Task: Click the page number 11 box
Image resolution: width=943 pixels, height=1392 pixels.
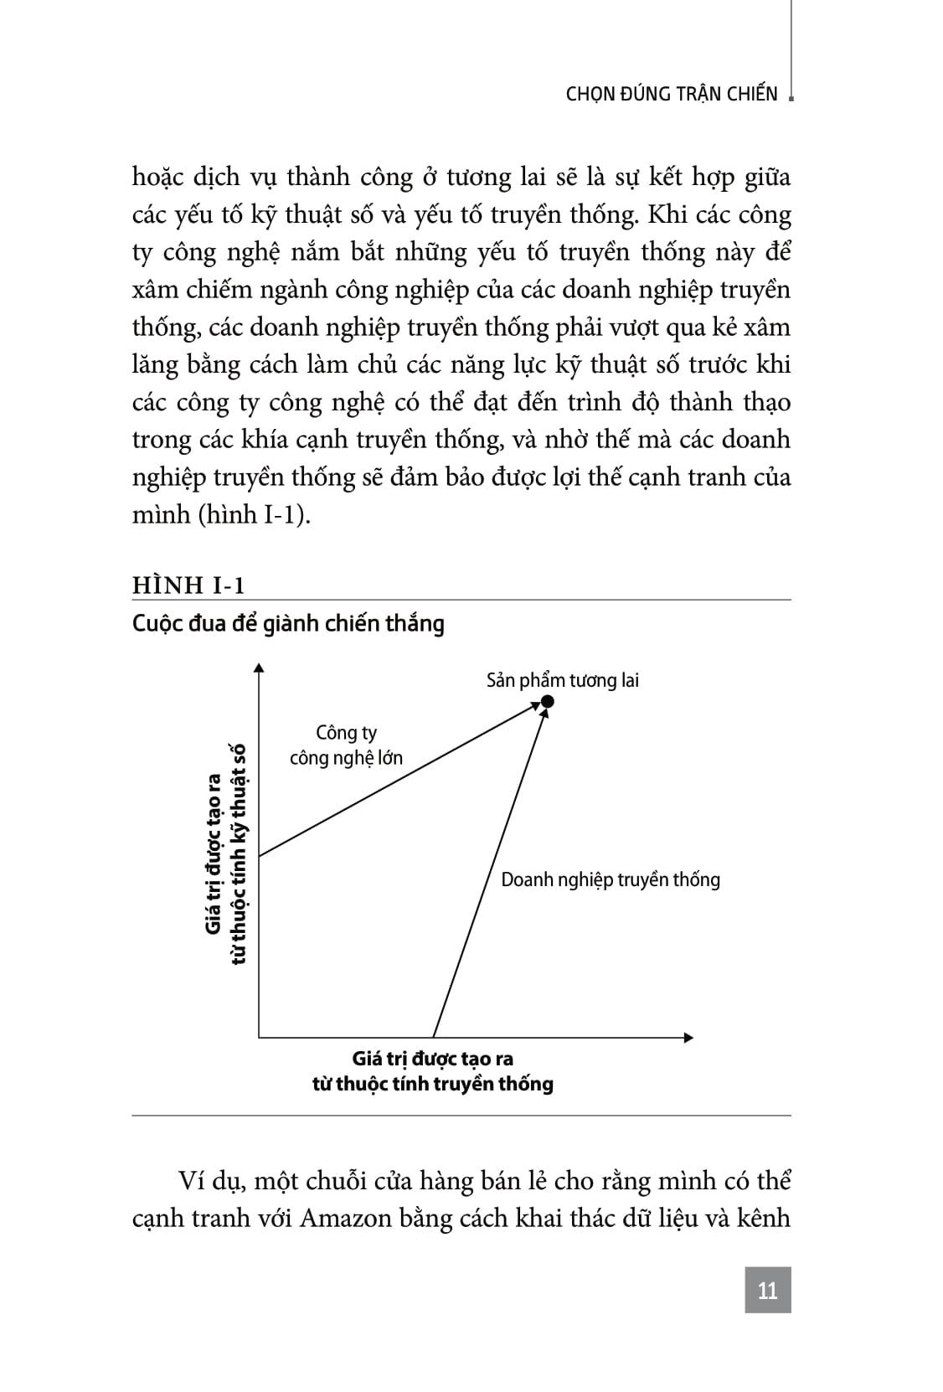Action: point(767,1291)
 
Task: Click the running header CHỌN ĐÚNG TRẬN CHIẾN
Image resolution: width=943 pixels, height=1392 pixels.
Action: point(672,94)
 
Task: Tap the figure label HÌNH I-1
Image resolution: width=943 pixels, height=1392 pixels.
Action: point(188,585)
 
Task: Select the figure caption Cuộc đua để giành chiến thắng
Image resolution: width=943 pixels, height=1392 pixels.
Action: point(288,624)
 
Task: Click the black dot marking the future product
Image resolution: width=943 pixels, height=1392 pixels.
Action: point(547,701)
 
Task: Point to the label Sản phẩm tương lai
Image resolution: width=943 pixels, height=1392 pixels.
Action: point(562,680)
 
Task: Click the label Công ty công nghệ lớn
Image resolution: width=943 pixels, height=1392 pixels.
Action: point(346,745)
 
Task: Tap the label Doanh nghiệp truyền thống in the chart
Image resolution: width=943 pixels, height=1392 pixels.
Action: point(610,879)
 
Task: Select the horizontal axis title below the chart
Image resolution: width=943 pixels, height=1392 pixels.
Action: point(432,1071)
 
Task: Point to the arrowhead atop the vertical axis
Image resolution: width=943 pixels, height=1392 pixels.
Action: point(259,668)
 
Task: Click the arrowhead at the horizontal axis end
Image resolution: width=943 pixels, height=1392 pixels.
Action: point(688,1038)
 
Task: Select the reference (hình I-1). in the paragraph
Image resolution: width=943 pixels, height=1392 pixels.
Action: point(254,514)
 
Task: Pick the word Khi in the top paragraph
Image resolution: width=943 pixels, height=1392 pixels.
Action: point(667,215)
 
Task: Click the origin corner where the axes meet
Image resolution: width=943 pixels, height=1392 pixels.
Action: point(259,1038)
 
